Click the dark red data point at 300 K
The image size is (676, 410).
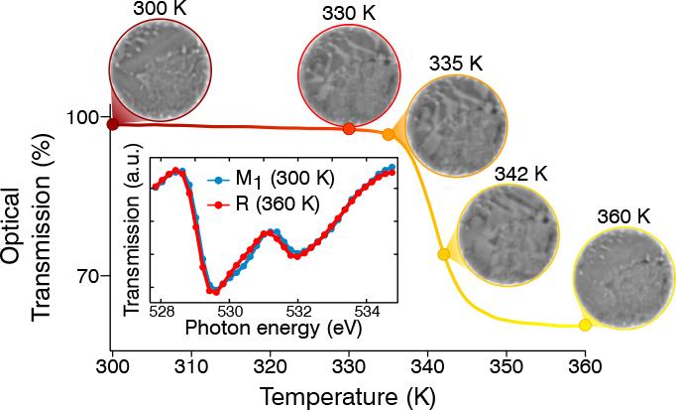(x=112, y=124)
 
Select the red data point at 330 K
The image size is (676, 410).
(x=349, y=129)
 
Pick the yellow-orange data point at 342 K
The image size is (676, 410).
(x=444, y=254)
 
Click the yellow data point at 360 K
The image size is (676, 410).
(x=585, y=325)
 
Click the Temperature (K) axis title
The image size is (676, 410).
(x=347, y=395)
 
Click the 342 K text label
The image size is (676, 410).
(x=520, y=173)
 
